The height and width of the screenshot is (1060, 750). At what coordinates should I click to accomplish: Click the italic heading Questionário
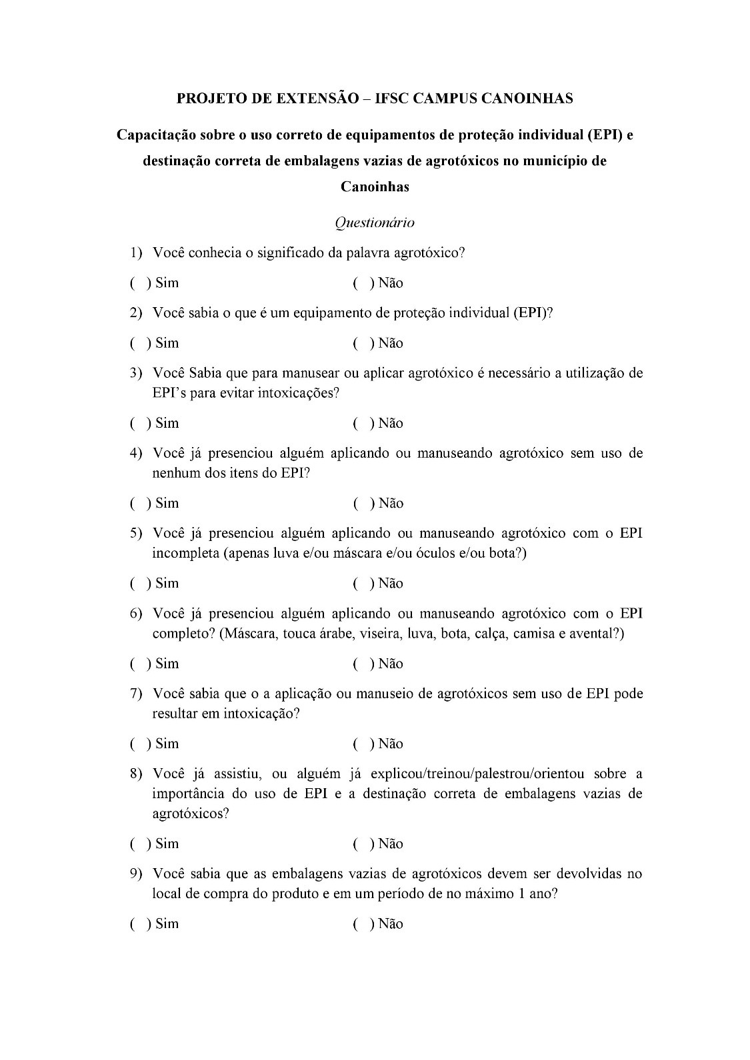point(375,223)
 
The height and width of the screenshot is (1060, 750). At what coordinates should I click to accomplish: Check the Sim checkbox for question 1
point(140,283)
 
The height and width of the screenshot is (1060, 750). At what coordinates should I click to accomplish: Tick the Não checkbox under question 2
point(363,344)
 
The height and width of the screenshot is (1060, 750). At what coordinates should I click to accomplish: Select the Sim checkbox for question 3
point(140,424)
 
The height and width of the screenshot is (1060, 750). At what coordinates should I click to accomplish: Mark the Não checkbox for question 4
point(363,504)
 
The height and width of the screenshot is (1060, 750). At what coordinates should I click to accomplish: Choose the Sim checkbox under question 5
point(140,584)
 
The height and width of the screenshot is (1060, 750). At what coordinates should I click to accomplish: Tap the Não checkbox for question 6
point(363,664)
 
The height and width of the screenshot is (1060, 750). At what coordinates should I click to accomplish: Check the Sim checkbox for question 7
point(140,744)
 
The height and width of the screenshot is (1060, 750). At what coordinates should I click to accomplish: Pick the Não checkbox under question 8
point(363,844)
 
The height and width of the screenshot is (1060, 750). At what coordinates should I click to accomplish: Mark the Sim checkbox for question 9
point(140,924)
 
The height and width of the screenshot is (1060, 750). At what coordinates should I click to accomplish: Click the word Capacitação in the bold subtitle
point(155,135)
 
